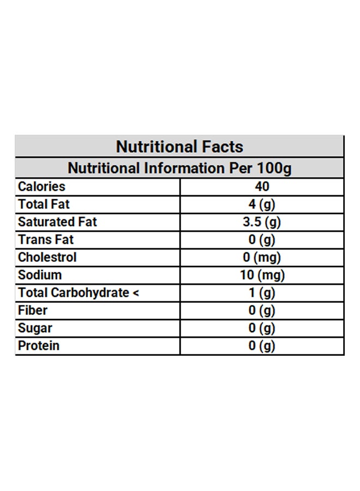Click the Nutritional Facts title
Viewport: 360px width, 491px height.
pos(179,147)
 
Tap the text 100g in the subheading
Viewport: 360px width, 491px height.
pos(274,168)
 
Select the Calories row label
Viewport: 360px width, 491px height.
pos(41,187)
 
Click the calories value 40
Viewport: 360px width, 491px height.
pos(262,187)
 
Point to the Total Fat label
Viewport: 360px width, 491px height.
pos(44,204)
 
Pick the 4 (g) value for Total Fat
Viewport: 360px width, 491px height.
pos(262,205)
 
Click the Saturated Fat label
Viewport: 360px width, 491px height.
pos(58,221)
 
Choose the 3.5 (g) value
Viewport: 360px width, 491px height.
pos(262,223)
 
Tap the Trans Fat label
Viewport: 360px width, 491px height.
pos(46,239)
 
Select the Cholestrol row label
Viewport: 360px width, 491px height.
pos(47,257)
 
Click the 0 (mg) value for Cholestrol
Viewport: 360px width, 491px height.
pos(262,258)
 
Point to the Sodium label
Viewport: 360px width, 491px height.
pos(40,275)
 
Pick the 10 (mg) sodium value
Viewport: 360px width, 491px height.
pos(262,276)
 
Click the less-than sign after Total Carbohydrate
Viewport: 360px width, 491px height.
pos(136,293)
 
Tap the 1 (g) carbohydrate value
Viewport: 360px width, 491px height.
pos(262,293)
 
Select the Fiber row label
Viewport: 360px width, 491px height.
pos(33,310)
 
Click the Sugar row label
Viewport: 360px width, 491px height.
pos(35,328)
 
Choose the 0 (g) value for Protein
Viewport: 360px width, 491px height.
pos(262,346)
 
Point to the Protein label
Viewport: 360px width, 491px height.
pos(39,346)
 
